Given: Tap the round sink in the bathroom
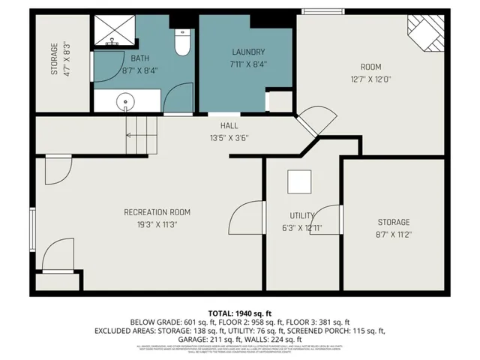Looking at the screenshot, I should coord(125,101).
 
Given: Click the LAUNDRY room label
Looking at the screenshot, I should coord(248,52).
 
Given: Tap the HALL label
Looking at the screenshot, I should coord(229,125).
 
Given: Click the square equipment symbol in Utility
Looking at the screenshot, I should coord(299,182).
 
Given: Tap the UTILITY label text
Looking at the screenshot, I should coord(302,215).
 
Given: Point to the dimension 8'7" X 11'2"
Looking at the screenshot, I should coord(393,234).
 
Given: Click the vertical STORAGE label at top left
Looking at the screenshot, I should coord(54,58).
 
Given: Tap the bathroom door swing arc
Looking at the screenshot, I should coord(178,98).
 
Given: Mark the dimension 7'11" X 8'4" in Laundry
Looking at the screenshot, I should coord(248,64).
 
